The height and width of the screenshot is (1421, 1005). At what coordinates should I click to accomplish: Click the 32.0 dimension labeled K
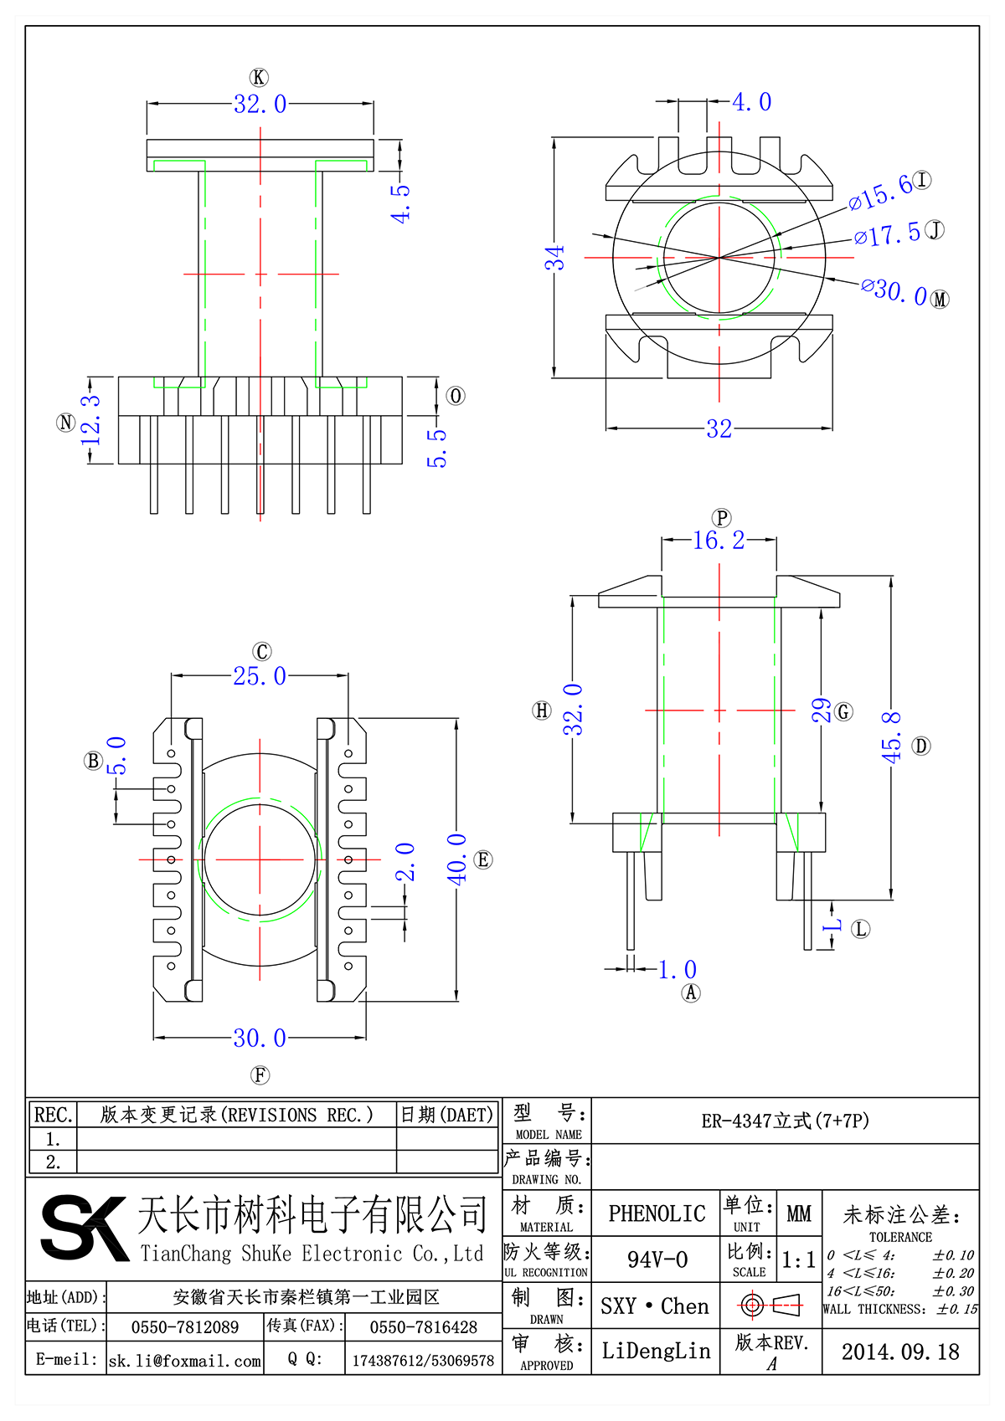tap(260, 105)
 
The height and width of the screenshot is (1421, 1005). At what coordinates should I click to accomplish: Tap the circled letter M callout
tap(940, 300)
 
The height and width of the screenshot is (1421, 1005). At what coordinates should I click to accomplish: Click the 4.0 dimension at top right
tap(751, 102)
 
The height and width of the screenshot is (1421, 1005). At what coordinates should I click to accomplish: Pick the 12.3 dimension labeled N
tap(90, 421)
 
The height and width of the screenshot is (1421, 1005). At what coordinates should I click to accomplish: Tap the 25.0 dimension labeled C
tap(260, 676)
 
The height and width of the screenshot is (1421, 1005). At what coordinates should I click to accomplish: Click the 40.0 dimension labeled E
tap(456, 859)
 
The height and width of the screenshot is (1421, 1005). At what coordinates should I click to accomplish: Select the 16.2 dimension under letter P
tap(719, 541)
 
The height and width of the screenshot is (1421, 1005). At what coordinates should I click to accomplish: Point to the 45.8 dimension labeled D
tap(892, 736)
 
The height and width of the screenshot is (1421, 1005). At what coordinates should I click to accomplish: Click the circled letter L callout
tap(860, 929)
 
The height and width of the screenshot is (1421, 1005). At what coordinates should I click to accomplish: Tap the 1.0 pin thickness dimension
tap(677, 970)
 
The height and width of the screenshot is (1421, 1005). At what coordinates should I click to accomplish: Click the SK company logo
tap(84, 1228)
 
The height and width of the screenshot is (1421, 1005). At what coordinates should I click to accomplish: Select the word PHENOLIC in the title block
tap(657, 1213)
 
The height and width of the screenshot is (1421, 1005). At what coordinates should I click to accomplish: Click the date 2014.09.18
tap(900, 1352)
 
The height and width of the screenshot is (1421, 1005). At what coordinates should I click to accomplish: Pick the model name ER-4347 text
tap(785, 1121)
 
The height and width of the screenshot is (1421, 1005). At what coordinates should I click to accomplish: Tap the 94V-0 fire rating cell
tap(657, 1259)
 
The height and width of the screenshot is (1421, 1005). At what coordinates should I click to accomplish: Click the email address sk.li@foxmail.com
tap(185, 1361)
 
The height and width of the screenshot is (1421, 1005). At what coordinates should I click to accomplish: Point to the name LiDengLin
tap(656, 1351)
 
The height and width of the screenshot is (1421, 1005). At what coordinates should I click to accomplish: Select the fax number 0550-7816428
tap(423, 1327)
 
